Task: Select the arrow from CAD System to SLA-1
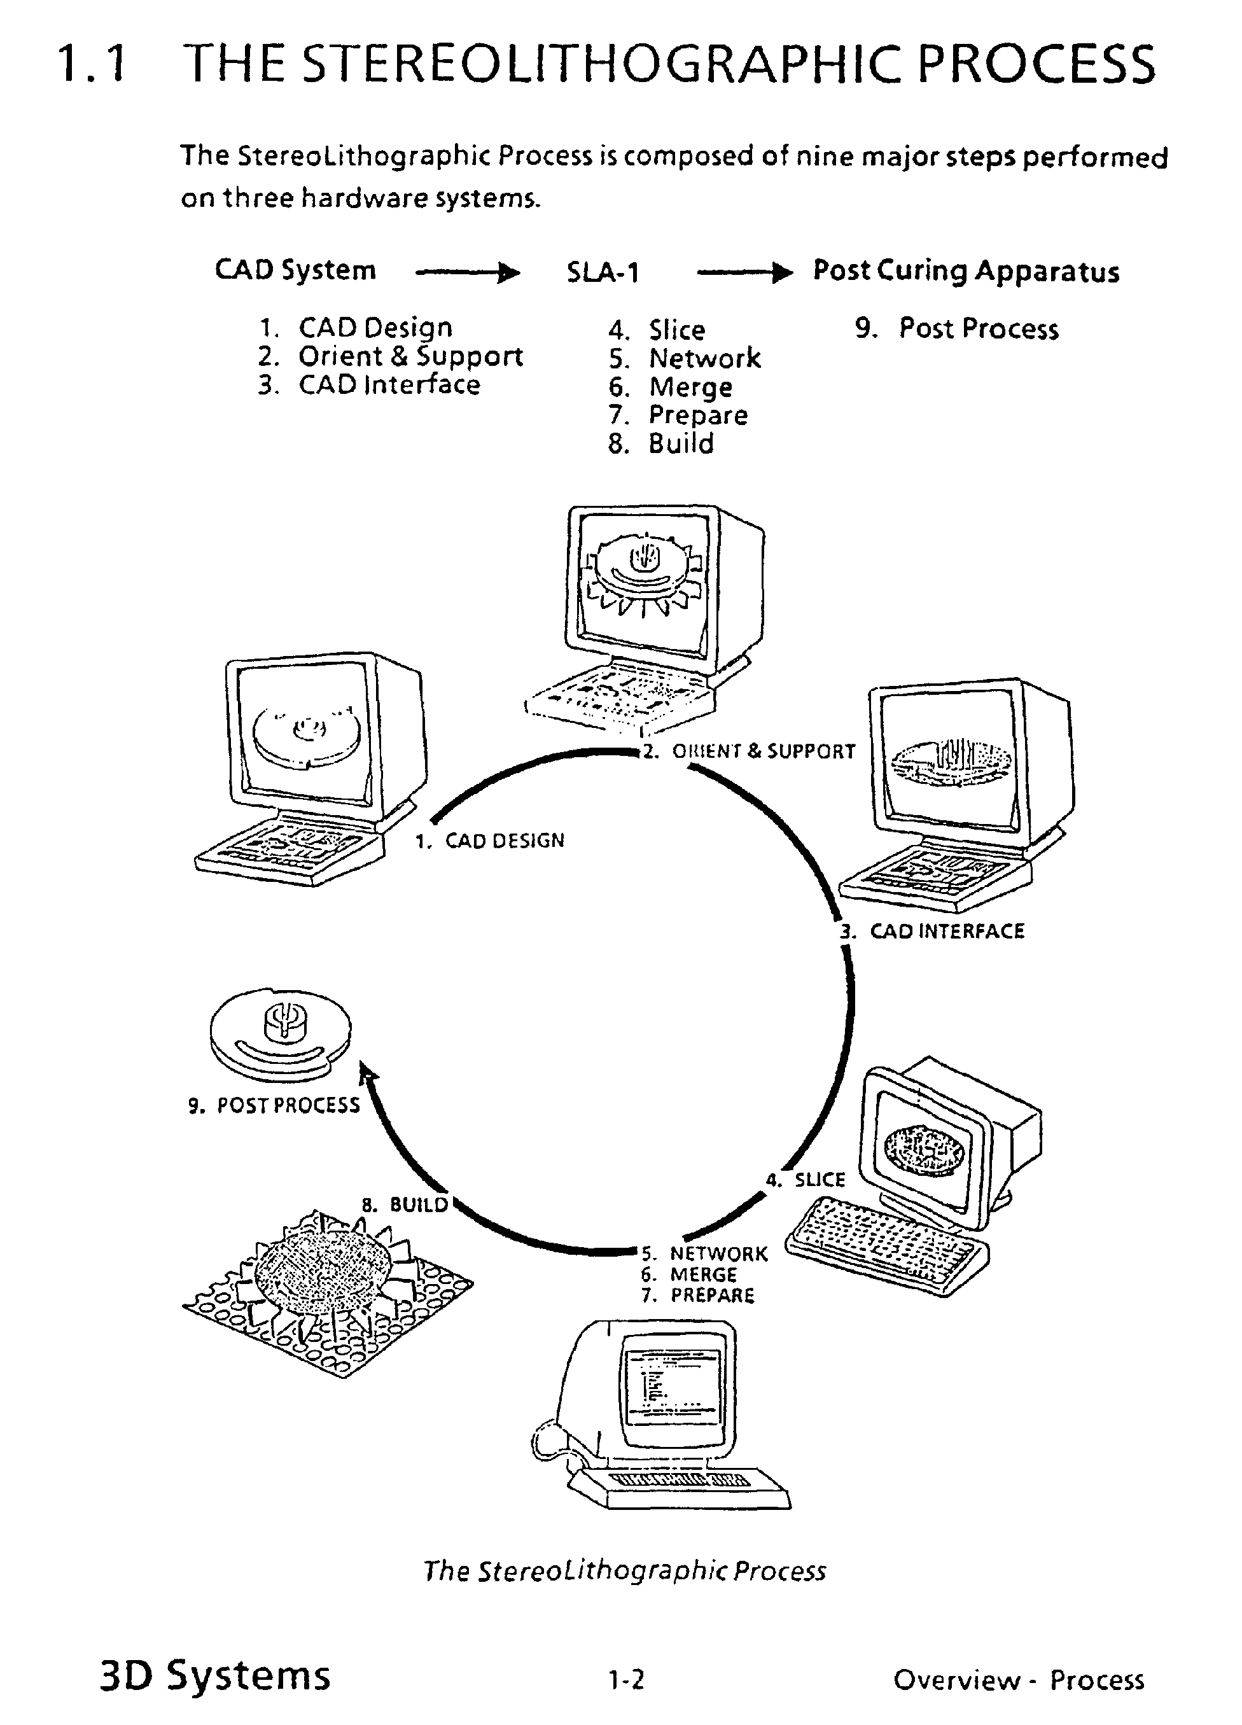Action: pyautogui.click(x=468, y=272)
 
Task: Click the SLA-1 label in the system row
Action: pyautogui.click(x=603, y=272)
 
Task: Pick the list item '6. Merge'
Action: pyautogui.click(x=670, y=387)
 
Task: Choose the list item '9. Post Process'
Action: pyautogui.click(x=957, y=328)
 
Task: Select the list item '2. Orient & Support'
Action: pyautogui.click(x=390, y=356)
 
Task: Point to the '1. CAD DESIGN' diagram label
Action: pyautogui.click(x=490, y=841)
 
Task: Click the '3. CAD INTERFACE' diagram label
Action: pyautogui.click(x=932, y=931)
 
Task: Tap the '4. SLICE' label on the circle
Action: pyautogui.click(x=806, y=1180)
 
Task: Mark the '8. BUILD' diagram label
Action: pyautogui.click(x=405, y=1205)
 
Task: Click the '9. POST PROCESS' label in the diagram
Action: pyautogui.click(x=274, y=1105)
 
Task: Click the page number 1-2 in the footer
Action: pyautogui.click(x=626, y=1679)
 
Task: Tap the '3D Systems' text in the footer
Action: pyautogui.click(x=215, y=1675)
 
